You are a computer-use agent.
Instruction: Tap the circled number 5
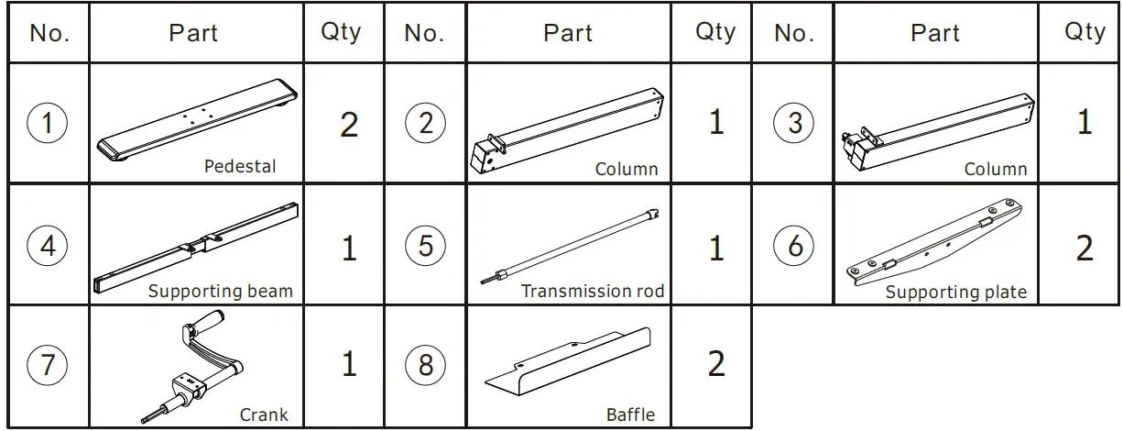[x=425, y=246]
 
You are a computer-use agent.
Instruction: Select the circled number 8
[x=425, y=365]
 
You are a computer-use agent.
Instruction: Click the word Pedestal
[x=239, y=167]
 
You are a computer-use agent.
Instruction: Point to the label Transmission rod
[x=592, y=292]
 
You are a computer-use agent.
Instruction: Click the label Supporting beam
[x=221, y=292]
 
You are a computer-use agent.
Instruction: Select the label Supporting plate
[x=955, y=293]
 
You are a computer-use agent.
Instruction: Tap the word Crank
[x=264, y=414]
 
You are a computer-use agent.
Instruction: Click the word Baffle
[x=630, y=414]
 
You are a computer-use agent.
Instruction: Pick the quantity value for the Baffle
[x=715, y=365]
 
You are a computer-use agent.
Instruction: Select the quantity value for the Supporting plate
[x=1085, y=248]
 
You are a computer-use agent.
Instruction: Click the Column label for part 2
[x=627, y=169]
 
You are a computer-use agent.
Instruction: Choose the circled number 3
[x=794, y=123]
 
